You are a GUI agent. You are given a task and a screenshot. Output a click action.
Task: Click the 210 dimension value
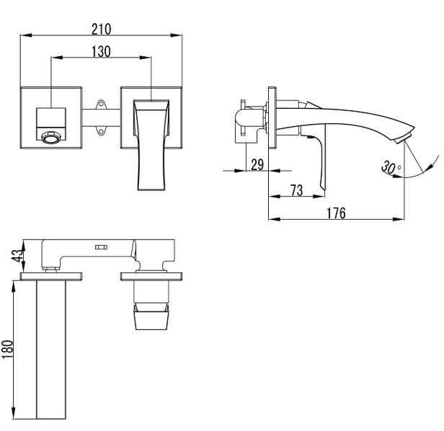point(101,29)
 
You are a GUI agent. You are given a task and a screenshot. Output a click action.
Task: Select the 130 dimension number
point(101,51)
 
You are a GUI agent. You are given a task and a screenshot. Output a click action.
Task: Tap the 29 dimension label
point(256,164)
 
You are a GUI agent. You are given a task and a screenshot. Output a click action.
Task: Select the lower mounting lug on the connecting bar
point(101,130)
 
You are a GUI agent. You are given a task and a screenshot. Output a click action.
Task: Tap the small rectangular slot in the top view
point(100,247)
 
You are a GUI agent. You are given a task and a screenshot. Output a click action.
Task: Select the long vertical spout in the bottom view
point(51,350)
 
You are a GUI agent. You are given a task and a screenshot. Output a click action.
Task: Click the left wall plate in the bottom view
point(51,275)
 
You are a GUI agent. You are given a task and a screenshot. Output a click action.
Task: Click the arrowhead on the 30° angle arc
point(437,154)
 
